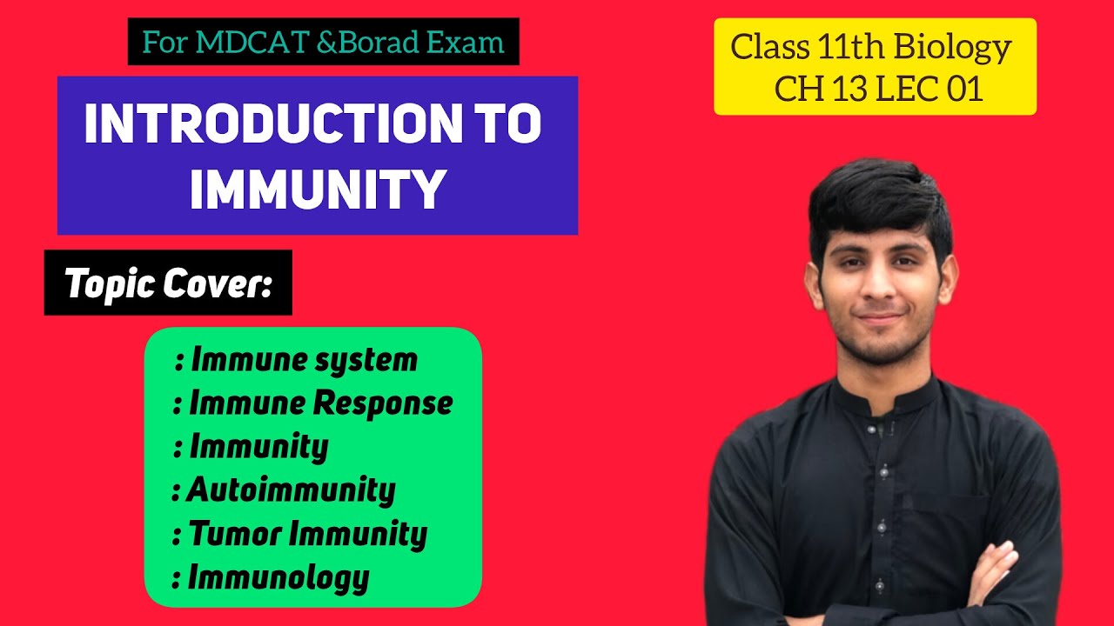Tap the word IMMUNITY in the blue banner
318,190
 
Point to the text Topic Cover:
168,283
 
